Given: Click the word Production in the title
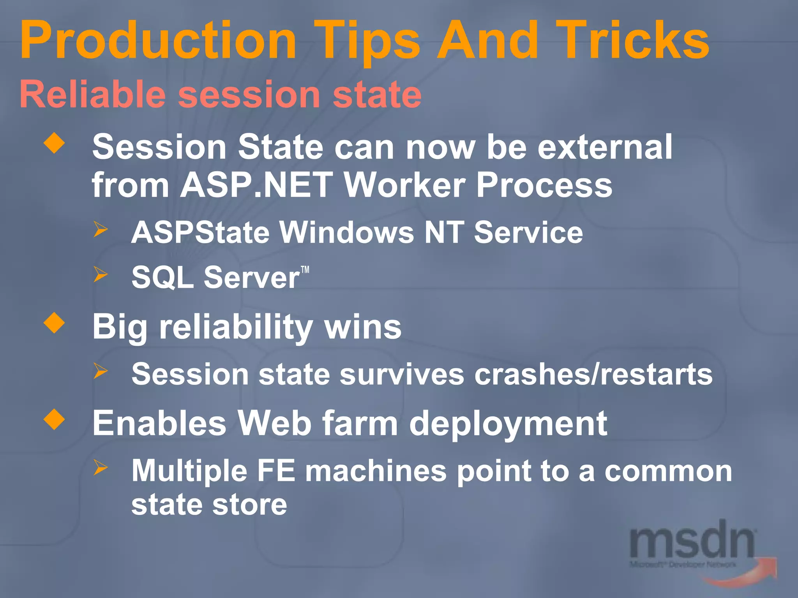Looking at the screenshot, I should [158, 41].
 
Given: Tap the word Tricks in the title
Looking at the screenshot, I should [631, 41].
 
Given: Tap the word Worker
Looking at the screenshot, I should [405, 185].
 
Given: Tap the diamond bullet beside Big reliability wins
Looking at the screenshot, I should [54, 323].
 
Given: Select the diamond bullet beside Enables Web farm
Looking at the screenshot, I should [54, 419].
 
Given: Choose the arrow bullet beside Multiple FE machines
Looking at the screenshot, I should [100, 467].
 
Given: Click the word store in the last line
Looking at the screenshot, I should [250, 505].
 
